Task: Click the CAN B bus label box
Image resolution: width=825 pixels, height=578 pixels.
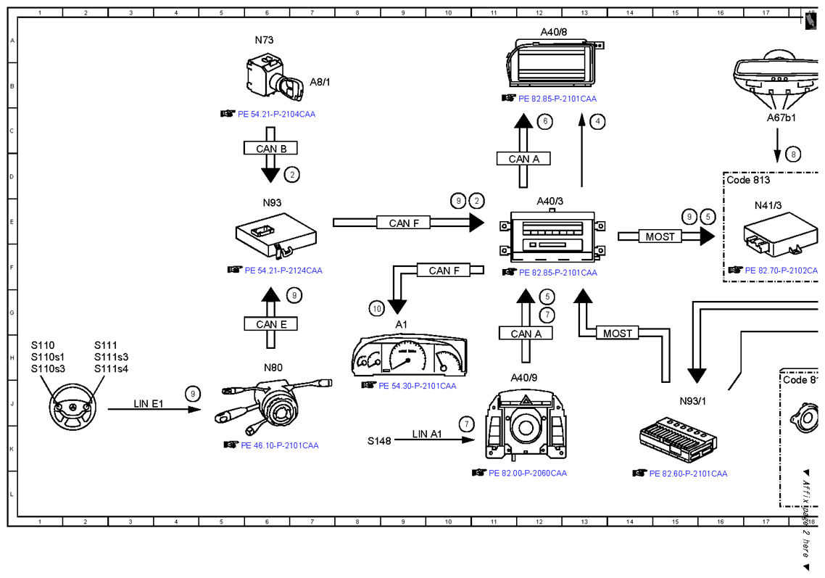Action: [x=270, y=148]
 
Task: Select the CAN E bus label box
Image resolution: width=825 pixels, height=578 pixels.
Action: [x=270, y=323]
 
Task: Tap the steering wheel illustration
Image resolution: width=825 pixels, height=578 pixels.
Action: [x=72, y=408]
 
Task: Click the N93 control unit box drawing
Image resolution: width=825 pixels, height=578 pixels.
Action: [x=276, y=235]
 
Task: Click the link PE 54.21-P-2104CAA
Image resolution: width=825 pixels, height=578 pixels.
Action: [x=276, y=115]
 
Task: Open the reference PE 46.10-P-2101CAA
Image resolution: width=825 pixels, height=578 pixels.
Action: [x=279, y=445]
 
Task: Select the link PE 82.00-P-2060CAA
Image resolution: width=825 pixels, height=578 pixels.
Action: [x=528, y=474]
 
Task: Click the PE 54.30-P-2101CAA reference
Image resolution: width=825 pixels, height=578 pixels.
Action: [x=418, y=386]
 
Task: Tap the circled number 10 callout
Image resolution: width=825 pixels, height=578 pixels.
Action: [x=377, y=308]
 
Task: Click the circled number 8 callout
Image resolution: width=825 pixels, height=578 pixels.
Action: [x=793, y=154]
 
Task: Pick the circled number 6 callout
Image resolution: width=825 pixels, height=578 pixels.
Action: [x=545, y=122]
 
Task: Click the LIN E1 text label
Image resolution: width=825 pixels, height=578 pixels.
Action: [x=149, y=404]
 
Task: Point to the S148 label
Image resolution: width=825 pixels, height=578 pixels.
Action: [x=379, y=441]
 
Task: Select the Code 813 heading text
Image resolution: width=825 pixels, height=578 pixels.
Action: [x=748, y=180]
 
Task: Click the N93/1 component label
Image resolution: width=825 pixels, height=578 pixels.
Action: [x=692, y=401]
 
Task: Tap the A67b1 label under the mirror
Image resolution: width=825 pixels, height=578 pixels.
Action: [x=781, y=118]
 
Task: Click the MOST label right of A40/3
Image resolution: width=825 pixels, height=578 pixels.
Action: [x=660, y=237]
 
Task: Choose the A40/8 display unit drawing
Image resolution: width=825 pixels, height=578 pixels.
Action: [x=555, y=62]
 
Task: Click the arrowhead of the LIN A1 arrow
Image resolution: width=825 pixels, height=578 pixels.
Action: [x=468, y=439]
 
